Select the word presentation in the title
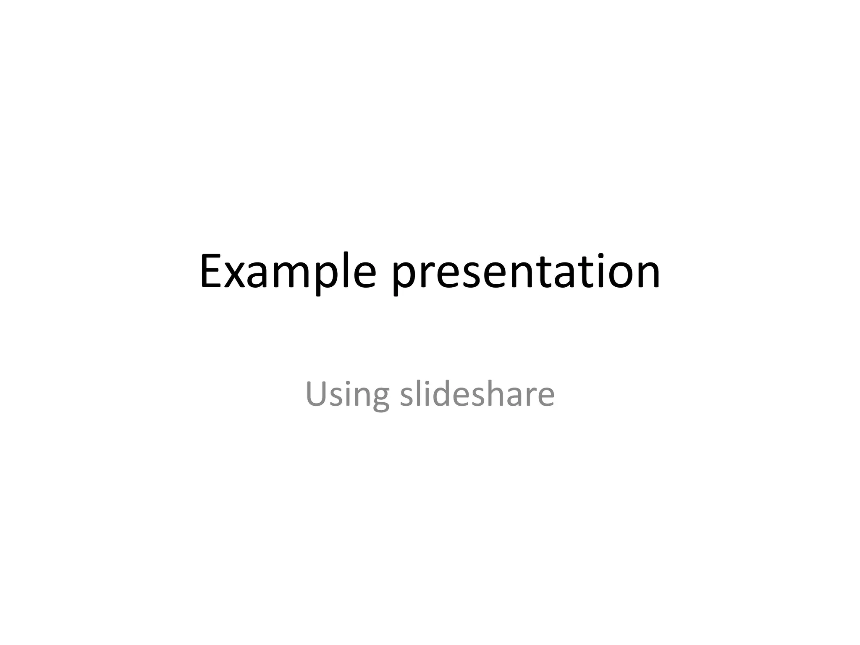526,273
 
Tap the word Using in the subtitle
347,395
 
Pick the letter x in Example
235,275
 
